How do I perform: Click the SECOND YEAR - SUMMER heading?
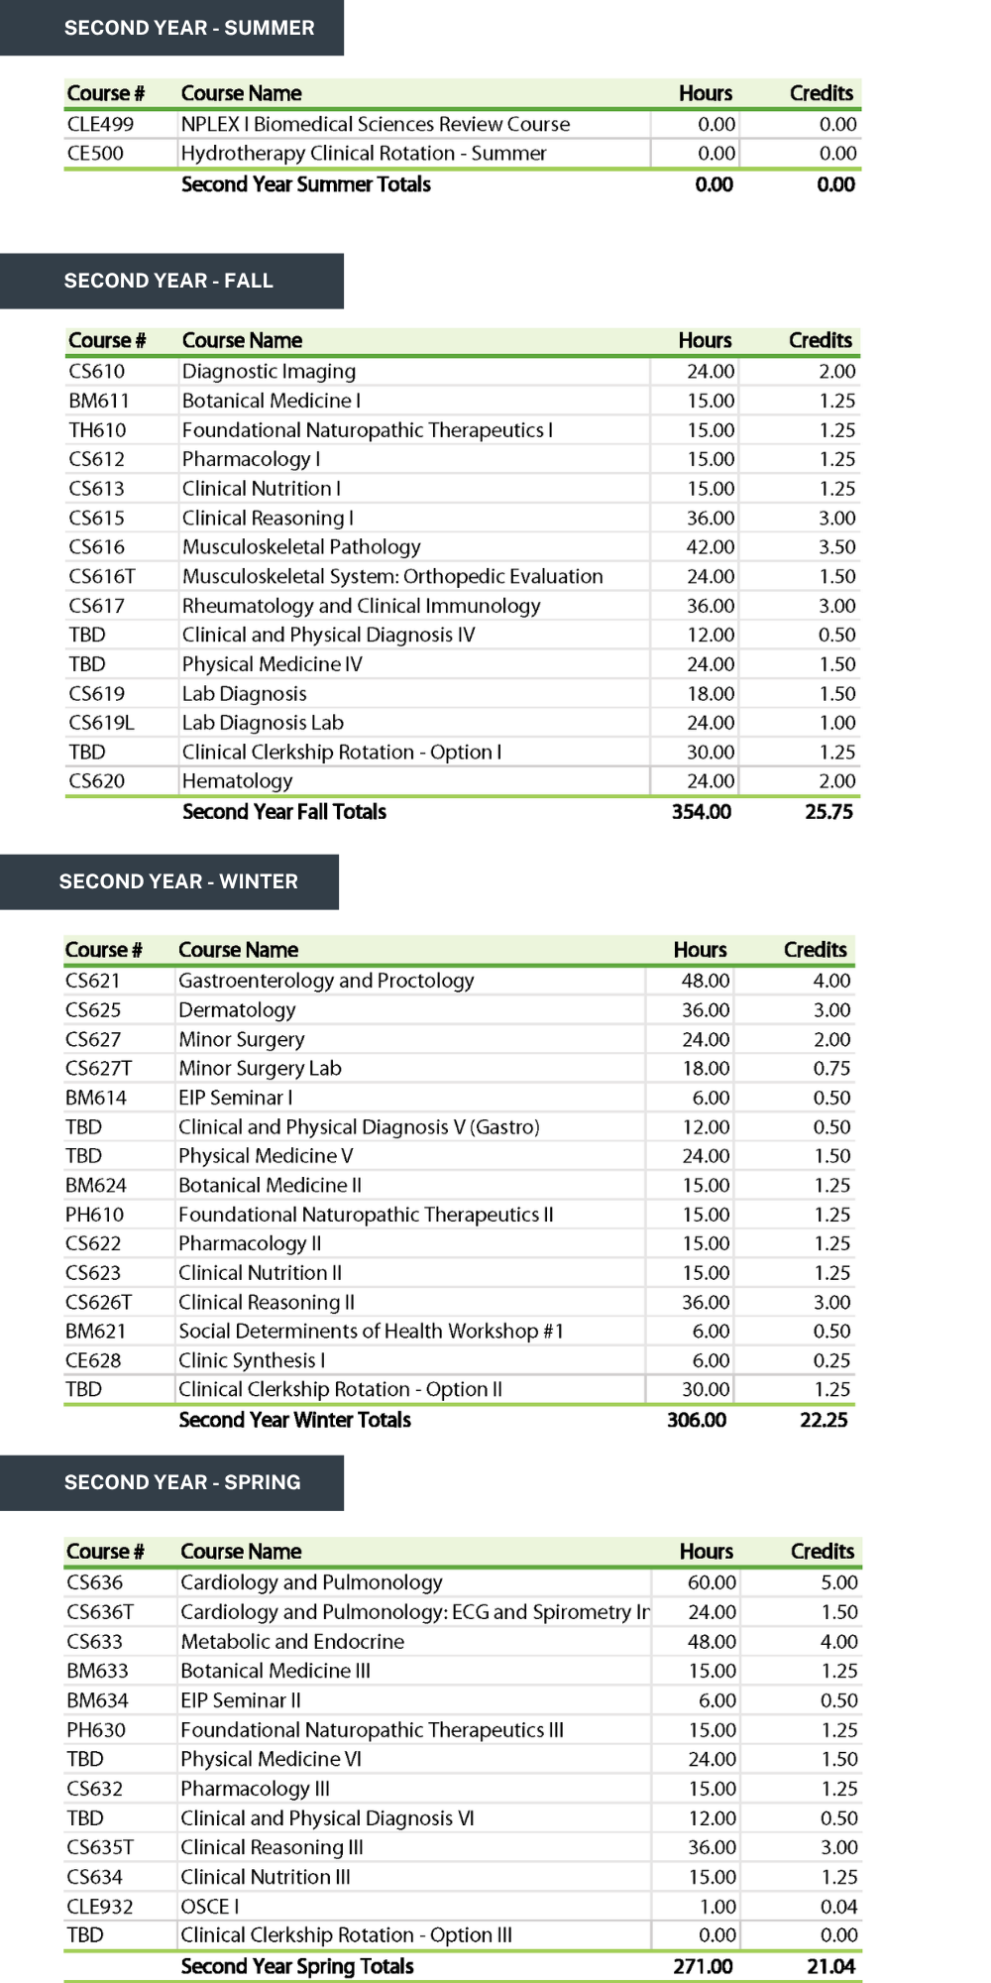[x=189, y=28]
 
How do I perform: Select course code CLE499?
[x=100, y=124]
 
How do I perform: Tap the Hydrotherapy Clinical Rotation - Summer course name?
[x=364, y=154]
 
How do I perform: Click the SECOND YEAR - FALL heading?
[x=168, y=281]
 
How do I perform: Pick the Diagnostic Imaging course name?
[x=269, y=372]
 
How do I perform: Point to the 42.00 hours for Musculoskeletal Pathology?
[x=711, y=547]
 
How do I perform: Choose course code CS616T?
[x=102, y=576]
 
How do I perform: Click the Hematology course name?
[x=238, y=781]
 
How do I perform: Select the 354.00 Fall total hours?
[x=702, y=812]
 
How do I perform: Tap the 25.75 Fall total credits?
[x=828, y=812]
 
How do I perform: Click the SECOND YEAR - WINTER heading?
[x=178, y=881]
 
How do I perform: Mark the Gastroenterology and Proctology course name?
[x=326, y=981]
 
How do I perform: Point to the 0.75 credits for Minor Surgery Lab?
[x=831, y=1069]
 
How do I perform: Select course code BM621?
[x=95, y=1332]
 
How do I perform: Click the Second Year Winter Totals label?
[x=294, y=1420]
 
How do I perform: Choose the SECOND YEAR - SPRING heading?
[x=182, y=1482]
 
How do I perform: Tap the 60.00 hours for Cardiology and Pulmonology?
[x=712, y=1582]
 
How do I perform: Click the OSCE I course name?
[x=210, y=1907]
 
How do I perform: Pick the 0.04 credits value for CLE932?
[x=838, y=1907]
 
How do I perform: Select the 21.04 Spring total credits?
[x=830, y=1966]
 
